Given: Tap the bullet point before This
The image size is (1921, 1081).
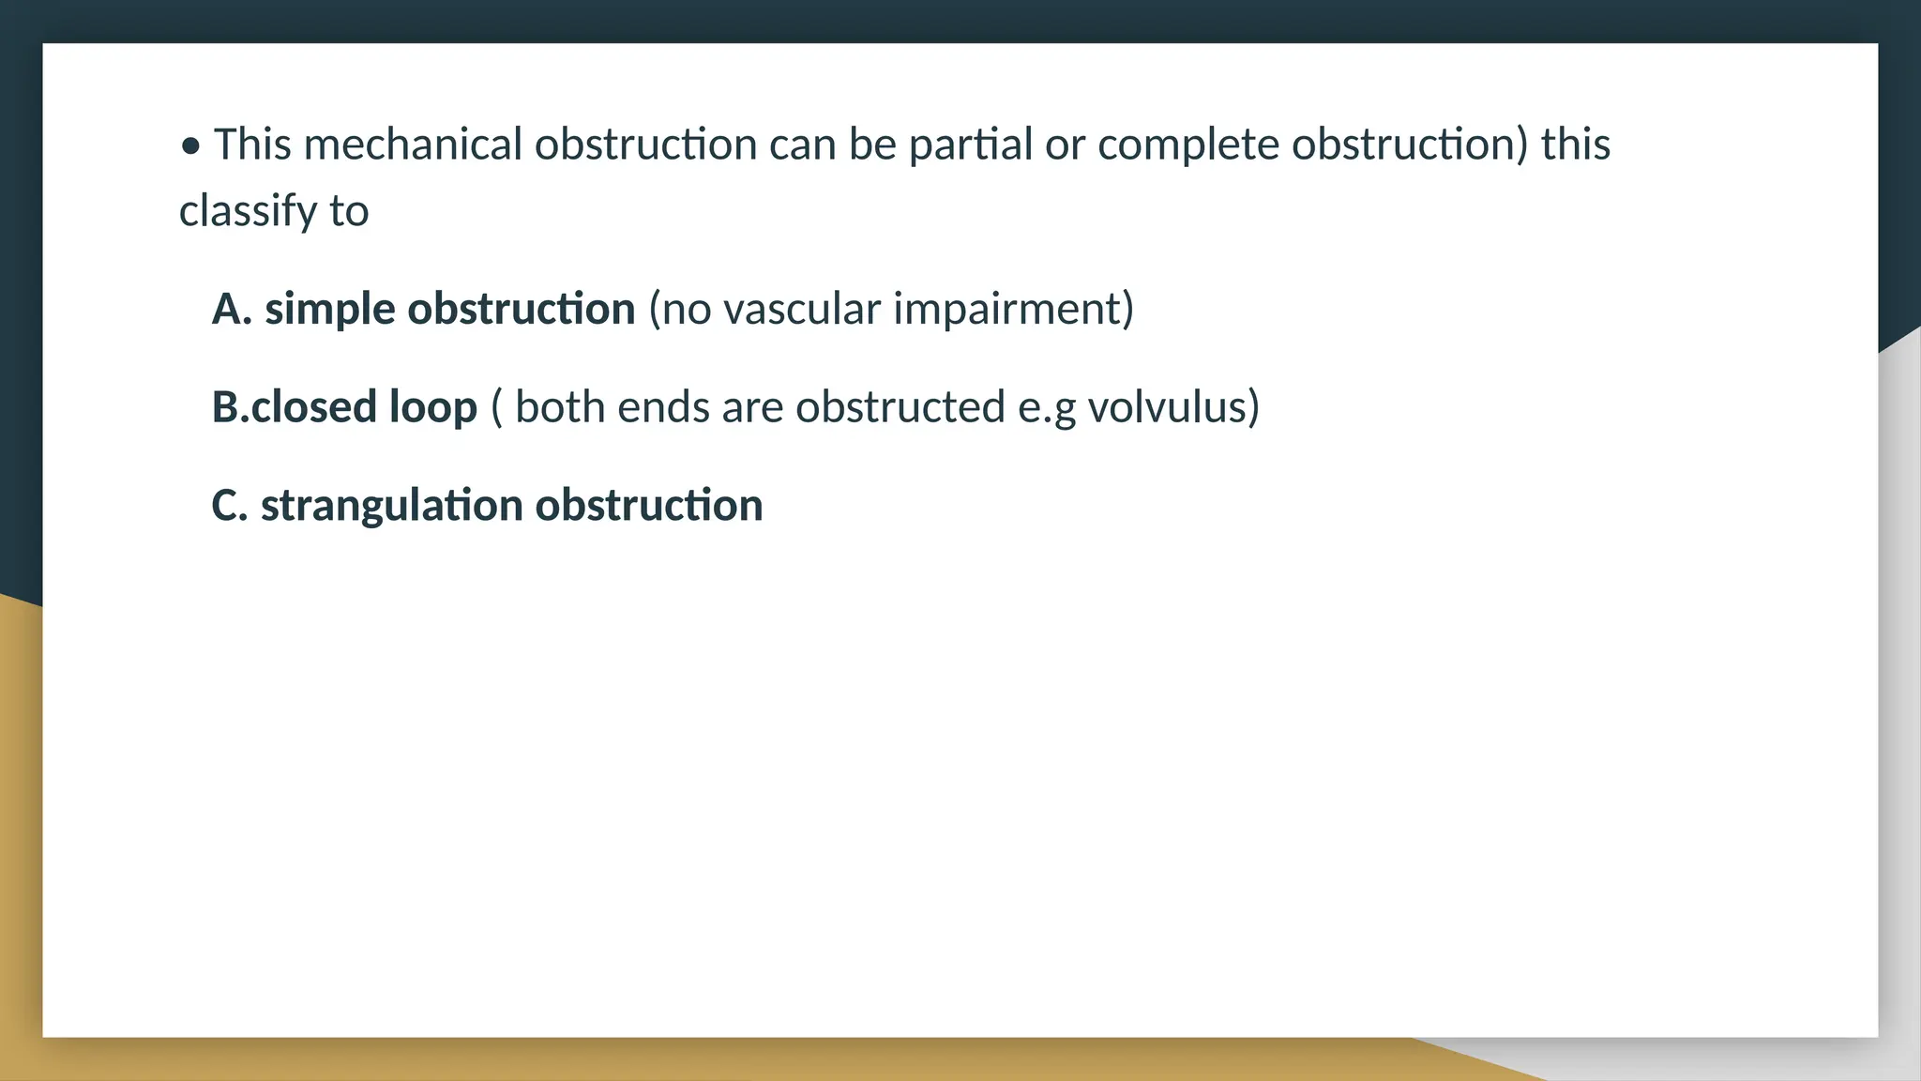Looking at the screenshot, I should (191, 146).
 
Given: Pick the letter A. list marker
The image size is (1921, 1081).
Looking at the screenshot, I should (232, 309).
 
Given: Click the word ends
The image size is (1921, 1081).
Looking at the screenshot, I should (658, 406).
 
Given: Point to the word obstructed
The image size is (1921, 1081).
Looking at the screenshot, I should (900, 406).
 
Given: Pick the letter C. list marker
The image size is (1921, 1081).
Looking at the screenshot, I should (230, 505).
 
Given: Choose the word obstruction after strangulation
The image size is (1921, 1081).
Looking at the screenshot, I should (649, 505).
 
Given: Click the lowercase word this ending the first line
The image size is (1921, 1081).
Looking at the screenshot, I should (1576, 145).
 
